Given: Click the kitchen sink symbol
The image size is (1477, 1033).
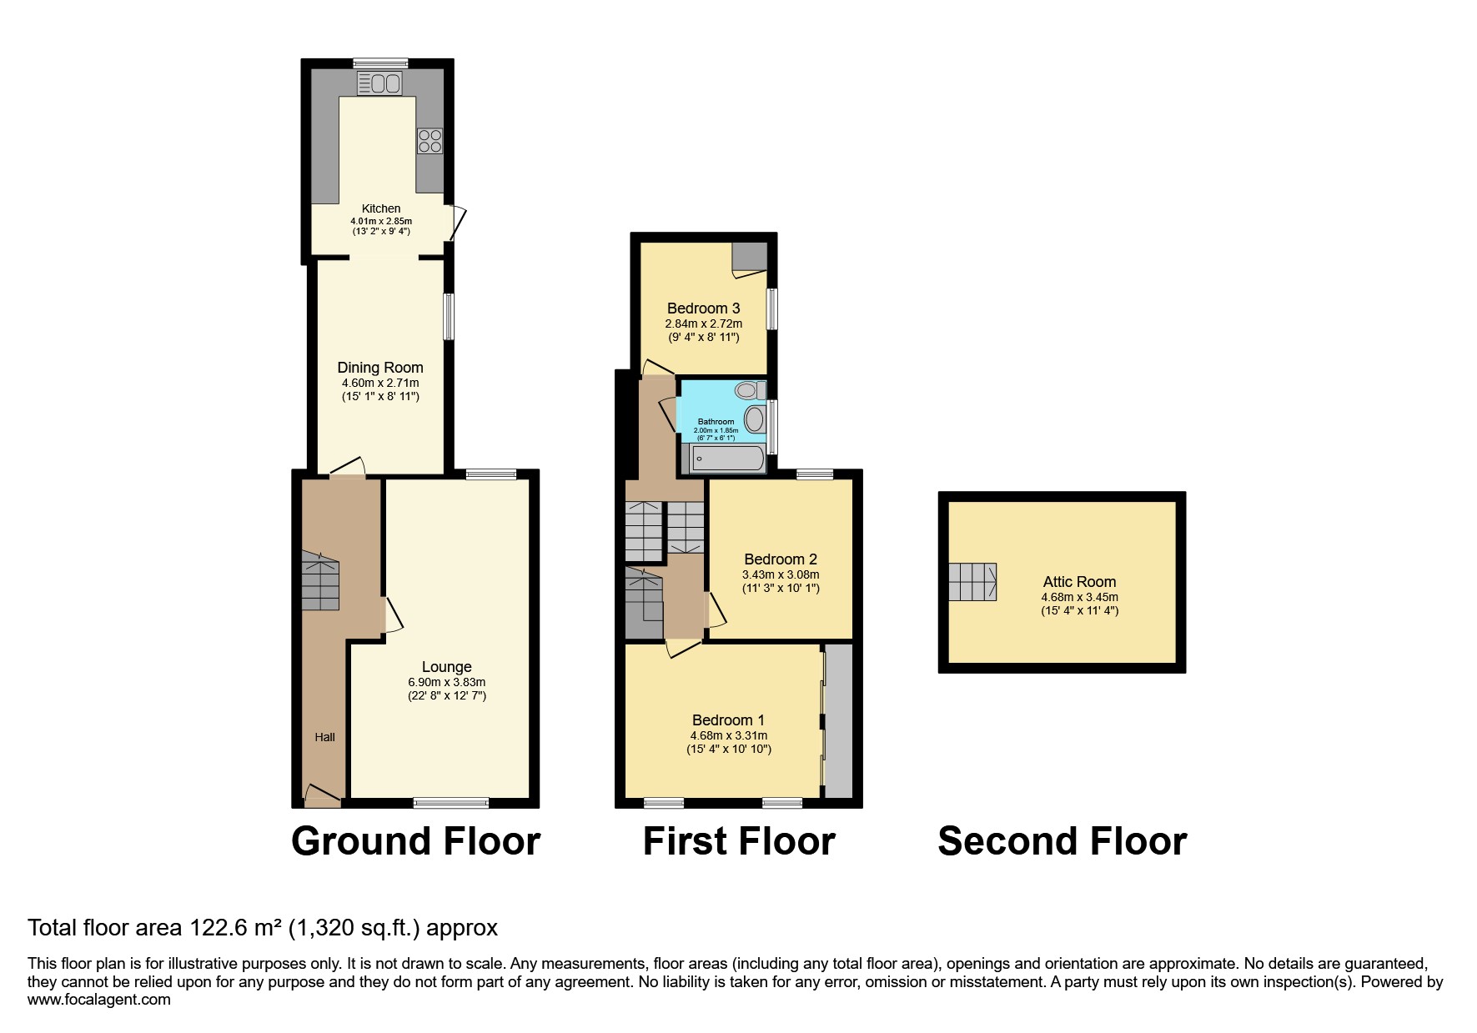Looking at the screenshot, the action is tap(379, 83).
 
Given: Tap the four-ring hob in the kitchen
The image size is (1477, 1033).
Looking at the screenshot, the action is tap(430, 141).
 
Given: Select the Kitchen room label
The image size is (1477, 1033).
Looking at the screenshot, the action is tap(381, 208).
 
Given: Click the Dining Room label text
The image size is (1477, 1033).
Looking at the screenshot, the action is tap(380, 368).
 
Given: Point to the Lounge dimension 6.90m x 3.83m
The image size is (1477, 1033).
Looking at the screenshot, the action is tap(447, 682).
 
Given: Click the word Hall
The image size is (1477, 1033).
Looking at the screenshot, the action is tap(324, 737).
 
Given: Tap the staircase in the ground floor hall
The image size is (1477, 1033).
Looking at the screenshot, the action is tap(320, 580).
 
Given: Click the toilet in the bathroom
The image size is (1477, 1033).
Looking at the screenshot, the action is tap(751, 389).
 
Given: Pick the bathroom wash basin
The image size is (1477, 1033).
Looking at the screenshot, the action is tap(755, 419).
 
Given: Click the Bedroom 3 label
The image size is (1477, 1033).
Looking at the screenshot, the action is tap(703, 308).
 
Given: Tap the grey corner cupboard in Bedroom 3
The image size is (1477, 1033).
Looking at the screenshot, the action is tap(750, 257).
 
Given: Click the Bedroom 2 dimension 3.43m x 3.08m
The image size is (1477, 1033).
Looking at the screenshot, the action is tap(781, 574).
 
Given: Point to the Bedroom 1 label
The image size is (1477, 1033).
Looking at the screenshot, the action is tap(728, 720).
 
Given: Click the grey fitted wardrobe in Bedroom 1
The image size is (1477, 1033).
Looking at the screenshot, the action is tap(839, 720).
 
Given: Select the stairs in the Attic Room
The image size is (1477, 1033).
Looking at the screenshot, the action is tap(972, 582).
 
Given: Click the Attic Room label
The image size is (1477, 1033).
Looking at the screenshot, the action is tap(1079, 582).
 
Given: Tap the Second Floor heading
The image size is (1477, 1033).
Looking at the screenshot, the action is tap(1063, 841).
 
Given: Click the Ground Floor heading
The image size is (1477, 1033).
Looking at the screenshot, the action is tap(415, 841).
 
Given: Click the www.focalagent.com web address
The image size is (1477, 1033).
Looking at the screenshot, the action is tap(99, 1000).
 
